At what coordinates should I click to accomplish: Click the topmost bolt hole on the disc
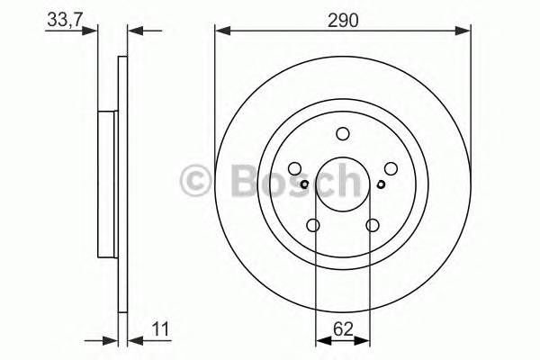click(342, 134)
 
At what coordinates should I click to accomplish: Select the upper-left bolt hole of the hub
click(295, 168)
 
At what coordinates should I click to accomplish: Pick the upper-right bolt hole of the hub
click(390, 168)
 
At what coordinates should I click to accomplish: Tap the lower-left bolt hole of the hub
click(313, 225)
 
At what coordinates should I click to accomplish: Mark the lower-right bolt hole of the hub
click(372, 225)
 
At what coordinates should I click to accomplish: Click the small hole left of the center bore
click(304, 185)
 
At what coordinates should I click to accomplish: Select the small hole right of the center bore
click(381, 185)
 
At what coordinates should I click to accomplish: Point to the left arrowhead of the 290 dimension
click(220, 31)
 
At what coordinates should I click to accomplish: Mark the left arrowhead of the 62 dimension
click(320, 341)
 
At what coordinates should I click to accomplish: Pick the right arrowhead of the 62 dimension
click(364, 341)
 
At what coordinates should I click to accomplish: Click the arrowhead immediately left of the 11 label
click(134, 341)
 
